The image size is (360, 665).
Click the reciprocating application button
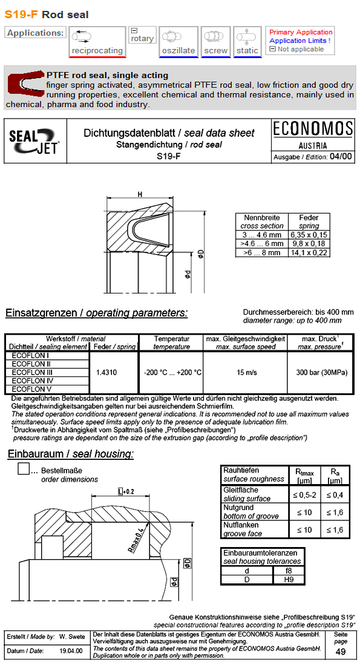97,42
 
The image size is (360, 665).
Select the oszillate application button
178,42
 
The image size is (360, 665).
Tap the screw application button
215,42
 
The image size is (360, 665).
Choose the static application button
247,42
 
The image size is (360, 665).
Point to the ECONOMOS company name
313,129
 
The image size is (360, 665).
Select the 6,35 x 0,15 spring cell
309,235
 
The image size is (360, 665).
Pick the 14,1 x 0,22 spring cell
309,252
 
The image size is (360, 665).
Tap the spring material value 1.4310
114,373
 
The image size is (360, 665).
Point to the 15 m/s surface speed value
245,373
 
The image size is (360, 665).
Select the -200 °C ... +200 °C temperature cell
172,373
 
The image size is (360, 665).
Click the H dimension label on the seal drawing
140,194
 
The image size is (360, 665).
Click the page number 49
340,652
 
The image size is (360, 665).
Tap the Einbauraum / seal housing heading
71,454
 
